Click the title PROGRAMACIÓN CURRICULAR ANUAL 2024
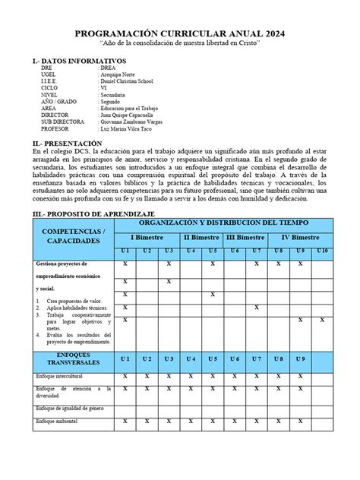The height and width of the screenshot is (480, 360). click(x=180, y=34)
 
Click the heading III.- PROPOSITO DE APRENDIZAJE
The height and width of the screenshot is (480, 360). click(x=92, y=216)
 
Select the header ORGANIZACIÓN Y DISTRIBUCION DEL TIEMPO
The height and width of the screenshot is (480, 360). click(x=223, y=224)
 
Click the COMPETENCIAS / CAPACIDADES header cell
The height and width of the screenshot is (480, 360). click(x=72, y=235)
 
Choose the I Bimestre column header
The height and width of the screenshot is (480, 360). click(x=146, y=238)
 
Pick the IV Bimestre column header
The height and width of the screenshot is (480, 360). click(x=300, y=238)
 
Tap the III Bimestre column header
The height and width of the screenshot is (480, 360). click(x=245, y=238)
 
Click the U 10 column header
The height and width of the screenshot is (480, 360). click(x=323, y=251)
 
